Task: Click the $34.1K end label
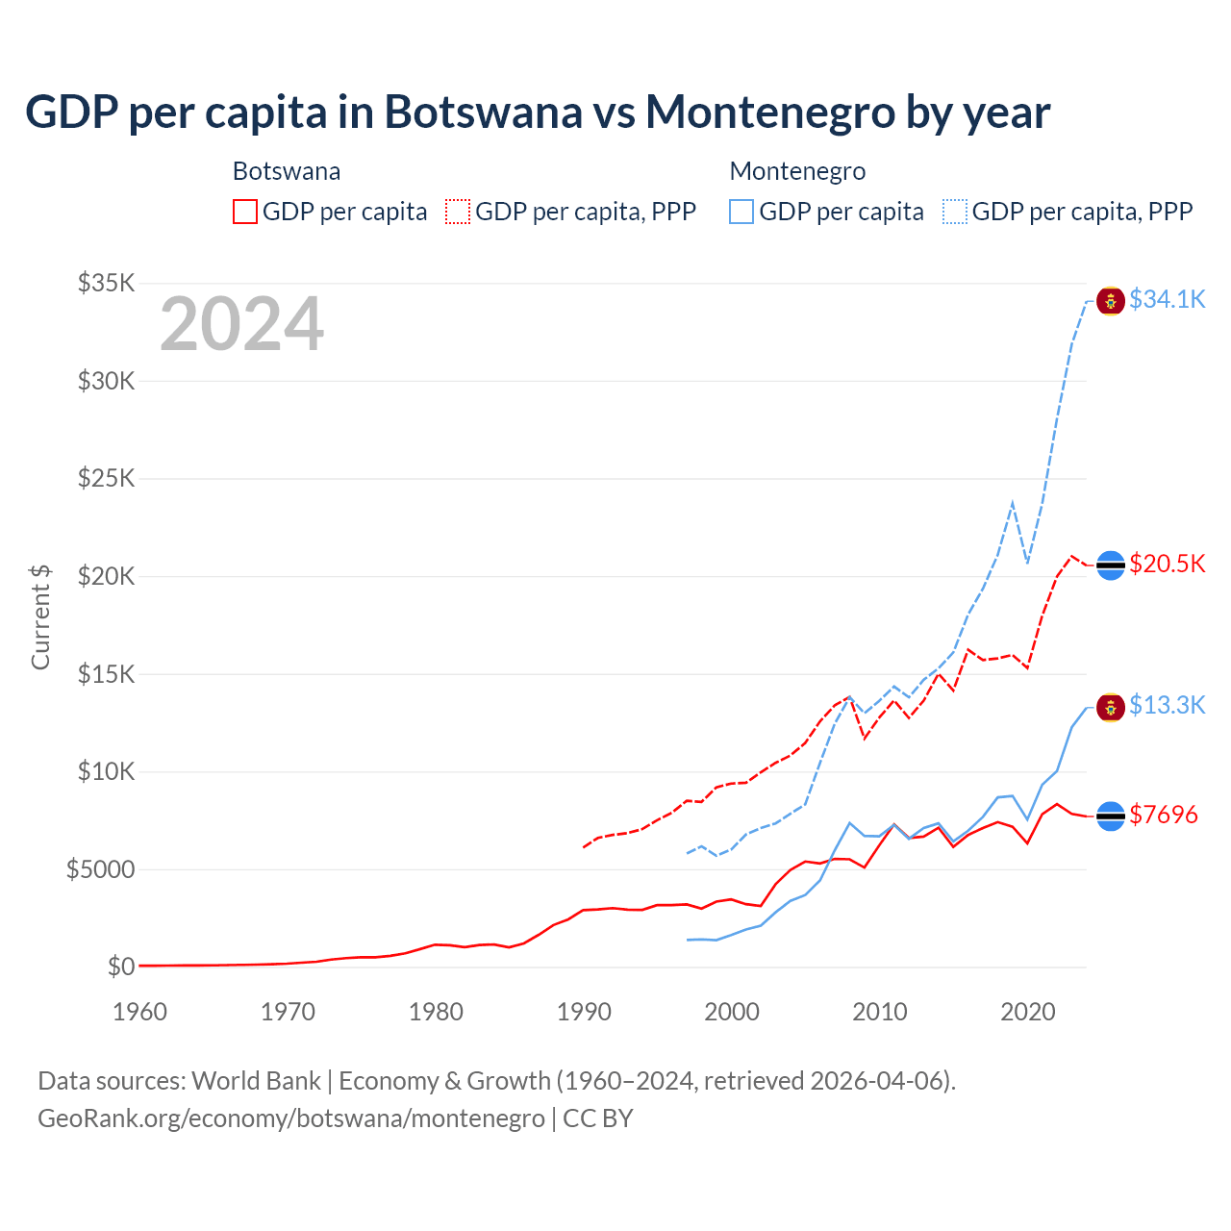[1167, 300]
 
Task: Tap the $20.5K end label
[1167, 564]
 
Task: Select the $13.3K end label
[1167, 706]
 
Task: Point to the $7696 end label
[1163, 816]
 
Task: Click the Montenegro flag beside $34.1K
[1111, 301]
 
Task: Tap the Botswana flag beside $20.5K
[1111, 565]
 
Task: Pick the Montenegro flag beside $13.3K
[1111, 708]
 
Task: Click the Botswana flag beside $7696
[1111, 816]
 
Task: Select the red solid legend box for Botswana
[245, 212]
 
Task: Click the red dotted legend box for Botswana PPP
[458, 212]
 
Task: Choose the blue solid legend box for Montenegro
[741, 212]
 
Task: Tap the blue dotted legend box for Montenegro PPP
[955, 212]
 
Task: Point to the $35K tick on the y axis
[107, 283]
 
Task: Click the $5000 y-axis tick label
[100, 870]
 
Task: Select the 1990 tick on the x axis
[584, 1012]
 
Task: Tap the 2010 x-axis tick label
[880, 1012]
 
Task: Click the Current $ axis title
[40, 616]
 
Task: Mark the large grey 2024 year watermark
[241, 324]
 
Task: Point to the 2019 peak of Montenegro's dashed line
[1013, 502]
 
